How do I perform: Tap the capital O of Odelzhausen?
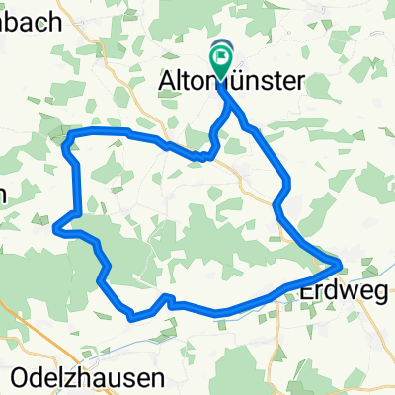point(22,377)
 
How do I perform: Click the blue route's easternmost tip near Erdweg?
point(342,264)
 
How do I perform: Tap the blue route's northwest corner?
point(66,138)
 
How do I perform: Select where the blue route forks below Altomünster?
point(228,99)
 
